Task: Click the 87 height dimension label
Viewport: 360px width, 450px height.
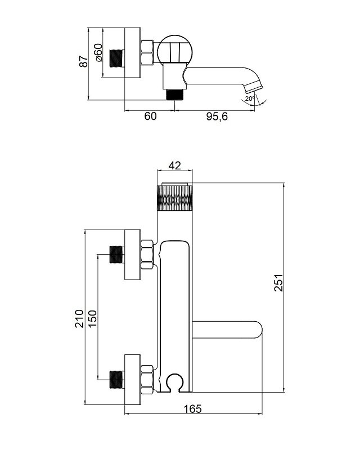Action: click(x=84, y=61)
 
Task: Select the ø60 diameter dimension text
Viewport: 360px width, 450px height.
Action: click(x=98, y=52)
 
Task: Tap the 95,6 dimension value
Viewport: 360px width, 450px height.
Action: click(x=217, y=116)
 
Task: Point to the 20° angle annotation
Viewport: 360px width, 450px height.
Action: click(x=250, y=98)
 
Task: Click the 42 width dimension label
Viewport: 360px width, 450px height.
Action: click(x=175, y=165)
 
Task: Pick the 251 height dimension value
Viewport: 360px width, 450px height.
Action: click(x=278, y=283)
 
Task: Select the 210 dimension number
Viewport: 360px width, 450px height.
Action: click(x=79, y=318)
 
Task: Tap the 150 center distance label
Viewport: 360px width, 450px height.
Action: click(x=92, y=318)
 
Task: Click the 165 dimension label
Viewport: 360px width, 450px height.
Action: click(x=192, y=409)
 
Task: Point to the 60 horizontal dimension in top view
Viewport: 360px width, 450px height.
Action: click(x=150, y=116)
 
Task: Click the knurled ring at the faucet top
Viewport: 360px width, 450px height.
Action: click(x=174, y=198)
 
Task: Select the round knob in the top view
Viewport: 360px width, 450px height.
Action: click(x=175, y=50)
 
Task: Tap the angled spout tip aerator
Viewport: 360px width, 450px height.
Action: click(x=254, y=87)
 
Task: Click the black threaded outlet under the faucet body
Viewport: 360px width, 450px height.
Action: click(x=175, y=94)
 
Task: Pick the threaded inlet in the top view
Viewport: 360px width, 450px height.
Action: click(x=116, y=59)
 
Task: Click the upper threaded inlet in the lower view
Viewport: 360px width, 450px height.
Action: click(x=117, y=255)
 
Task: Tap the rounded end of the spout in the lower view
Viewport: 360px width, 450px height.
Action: click(x=258, y=330)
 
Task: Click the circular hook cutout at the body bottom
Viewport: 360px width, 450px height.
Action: click(x=175, y=382)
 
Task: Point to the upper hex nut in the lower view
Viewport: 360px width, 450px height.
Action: click(x=147, y=255)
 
